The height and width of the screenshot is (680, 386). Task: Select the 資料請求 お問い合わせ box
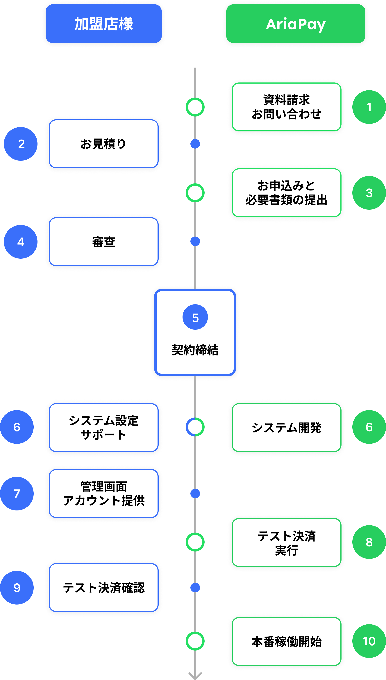[x=286, y=107]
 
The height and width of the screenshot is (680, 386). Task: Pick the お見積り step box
[x=103, y=144]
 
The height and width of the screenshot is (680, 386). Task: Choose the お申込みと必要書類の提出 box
[x=286, y=193]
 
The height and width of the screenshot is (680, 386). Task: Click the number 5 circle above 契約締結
[x=195, y=317]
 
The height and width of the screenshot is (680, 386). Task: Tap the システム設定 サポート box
[x=103, y=427]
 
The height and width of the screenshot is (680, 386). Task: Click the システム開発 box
[x=286, y=427]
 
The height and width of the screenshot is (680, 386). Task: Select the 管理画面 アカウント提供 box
[x=103, y=493]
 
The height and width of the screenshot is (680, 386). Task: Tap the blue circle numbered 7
[x=17, y=493]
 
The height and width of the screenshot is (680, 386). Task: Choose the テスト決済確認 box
[x=103, y=588]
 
